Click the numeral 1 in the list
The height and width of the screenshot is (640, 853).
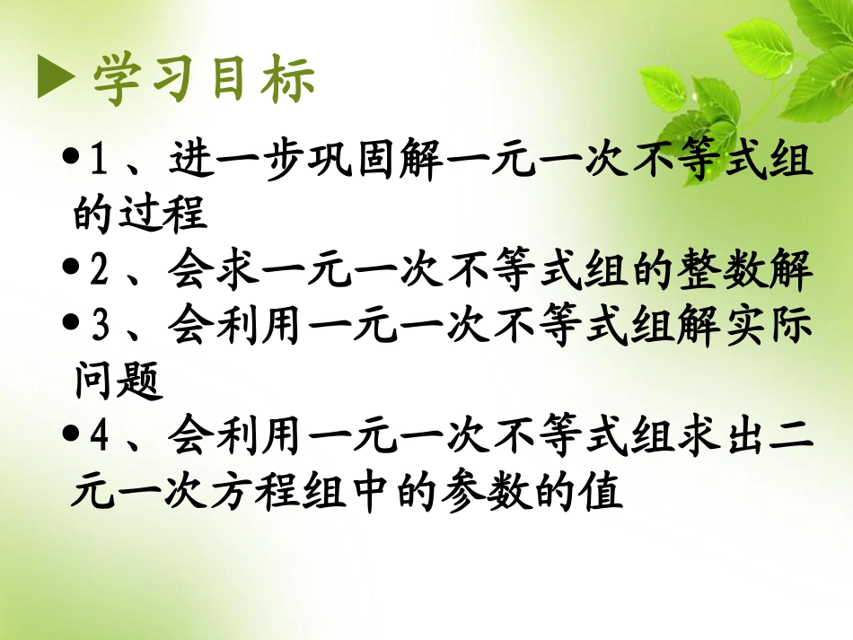pyautogui.click(x=100, y=162)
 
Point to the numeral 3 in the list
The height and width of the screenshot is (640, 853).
pyautogui.click(x=100, y=328)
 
